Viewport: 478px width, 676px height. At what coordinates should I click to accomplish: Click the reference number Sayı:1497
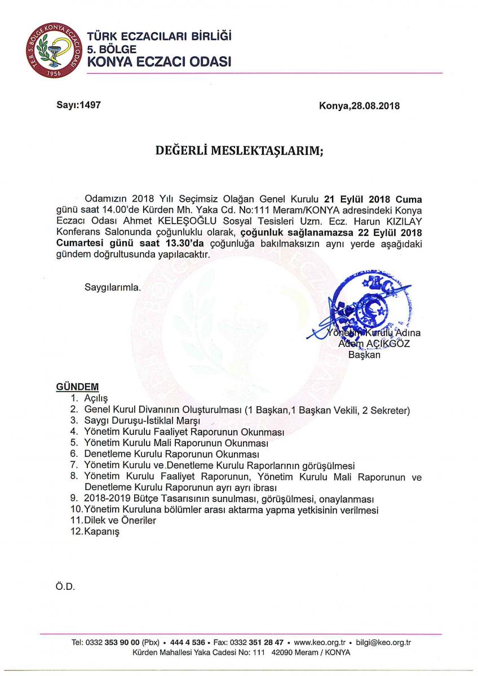78,104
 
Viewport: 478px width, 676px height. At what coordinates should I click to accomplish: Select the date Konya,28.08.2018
359,105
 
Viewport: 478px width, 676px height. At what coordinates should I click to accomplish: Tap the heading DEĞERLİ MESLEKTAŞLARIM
239,150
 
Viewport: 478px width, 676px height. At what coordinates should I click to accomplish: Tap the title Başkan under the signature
364,354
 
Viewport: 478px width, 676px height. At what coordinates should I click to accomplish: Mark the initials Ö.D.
65,586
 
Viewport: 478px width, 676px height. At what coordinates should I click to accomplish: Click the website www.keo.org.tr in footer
319,642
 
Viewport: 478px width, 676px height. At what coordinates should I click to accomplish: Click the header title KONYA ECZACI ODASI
159,63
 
